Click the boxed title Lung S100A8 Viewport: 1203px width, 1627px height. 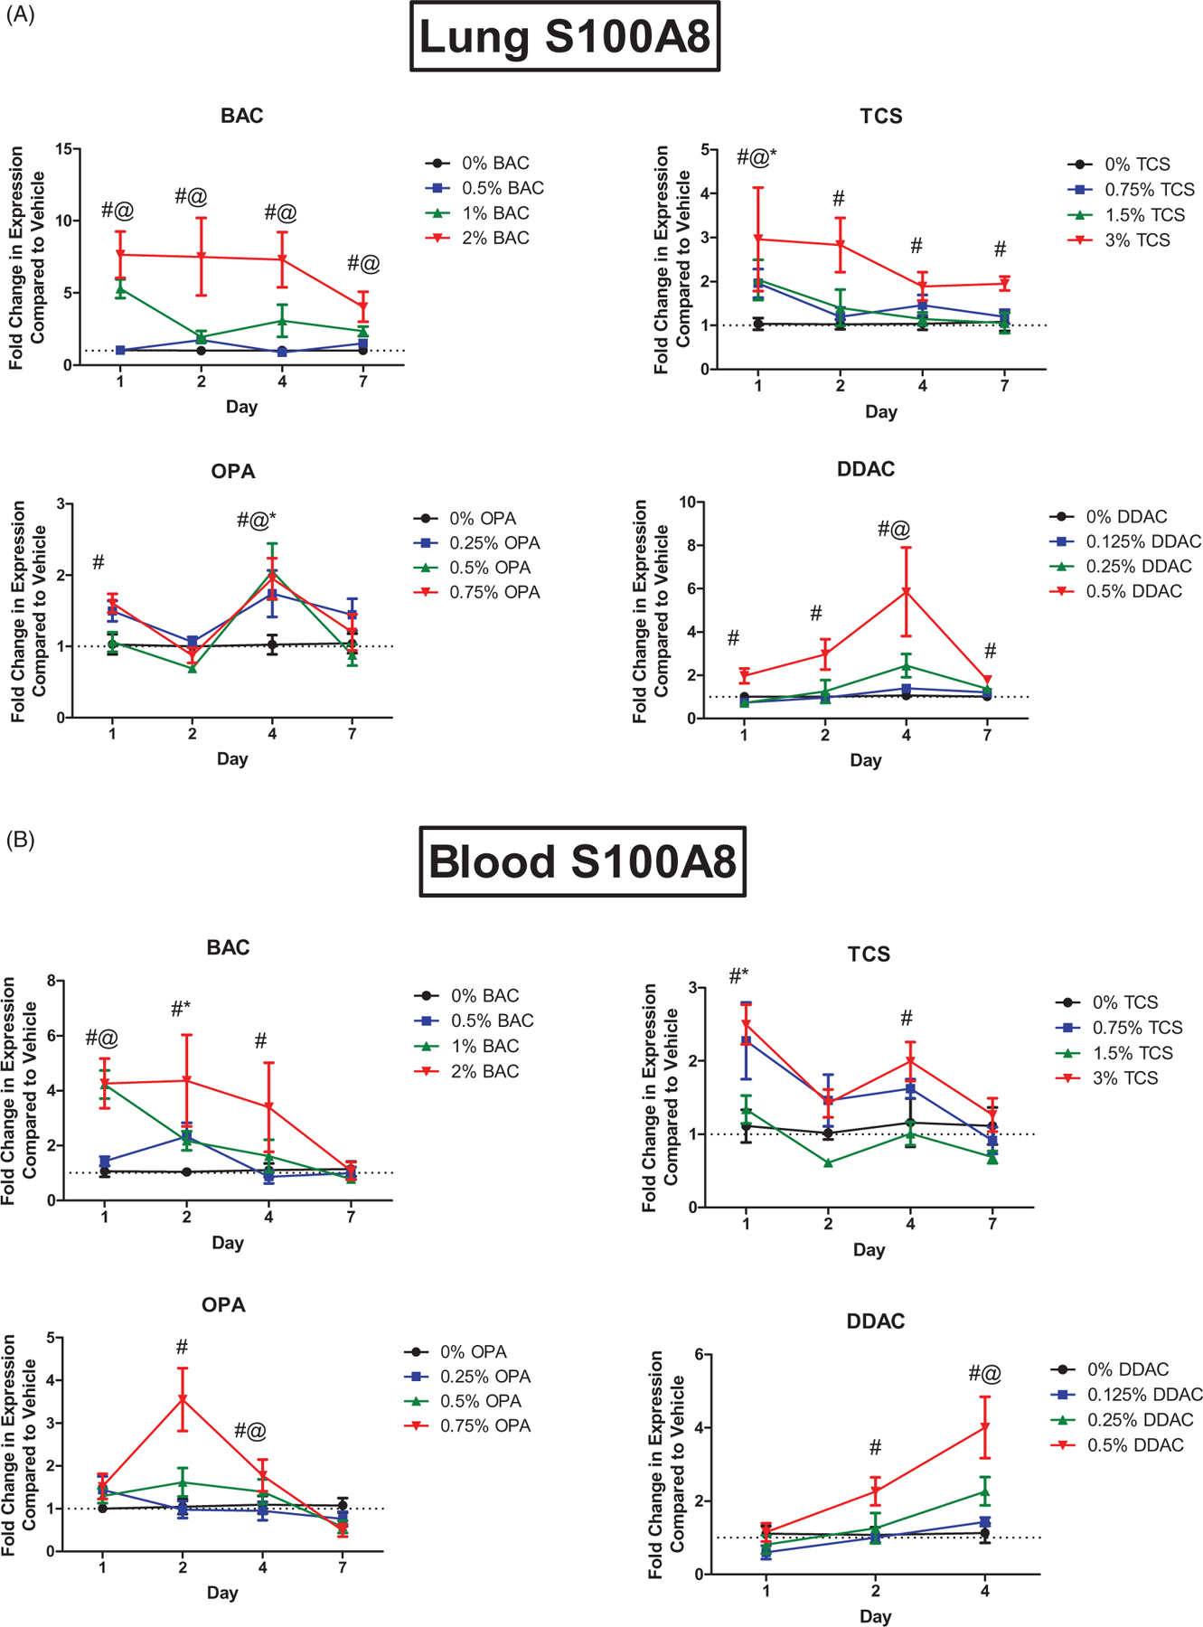tap(565, 37)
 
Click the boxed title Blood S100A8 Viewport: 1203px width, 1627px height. tap(582, 861)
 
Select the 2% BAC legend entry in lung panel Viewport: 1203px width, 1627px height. tap(476, 239)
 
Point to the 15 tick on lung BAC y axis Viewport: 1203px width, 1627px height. tap(63, 148)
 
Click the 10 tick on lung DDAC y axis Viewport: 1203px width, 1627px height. tap(687, 502)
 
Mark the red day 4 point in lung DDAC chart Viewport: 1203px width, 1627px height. tap(906, 592)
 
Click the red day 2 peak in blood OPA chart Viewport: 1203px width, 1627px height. tap(183, 1400)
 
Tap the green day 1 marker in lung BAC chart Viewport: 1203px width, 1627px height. tap(120, 289)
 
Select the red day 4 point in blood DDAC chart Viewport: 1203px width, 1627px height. tap(985, 1427)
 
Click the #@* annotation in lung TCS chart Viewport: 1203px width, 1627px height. tap(756, 158)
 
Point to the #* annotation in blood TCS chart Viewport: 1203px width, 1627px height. tap(738, 976)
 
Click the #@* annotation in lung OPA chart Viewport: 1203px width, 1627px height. tap(256, 520)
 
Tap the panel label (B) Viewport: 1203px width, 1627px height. tap(20, 840)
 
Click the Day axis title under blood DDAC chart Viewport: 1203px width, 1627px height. tap(875, 1616)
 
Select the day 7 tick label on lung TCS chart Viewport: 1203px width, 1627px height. tap(1004, 386)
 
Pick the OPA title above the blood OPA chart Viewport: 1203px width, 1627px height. tap(223, 1304)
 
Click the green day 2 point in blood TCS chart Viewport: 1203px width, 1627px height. tap(828, 1163)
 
